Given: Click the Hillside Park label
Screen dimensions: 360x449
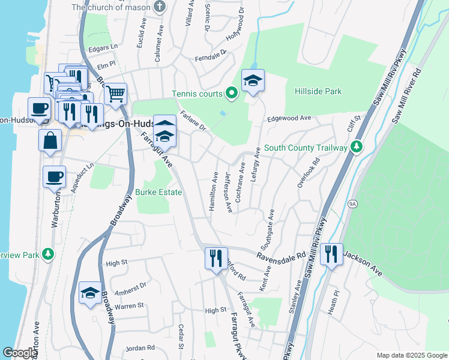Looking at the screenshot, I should point(318,91).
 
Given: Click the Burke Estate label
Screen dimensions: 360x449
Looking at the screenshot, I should point(158,192).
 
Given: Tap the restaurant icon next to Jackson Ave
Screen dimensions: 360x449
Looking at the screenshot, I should point(331,254).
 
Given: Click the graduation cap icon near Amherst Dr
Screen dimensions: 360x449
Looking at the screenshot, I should point(90,292).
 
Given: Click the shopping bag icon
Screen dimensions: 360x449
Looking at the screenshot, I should point(50,140).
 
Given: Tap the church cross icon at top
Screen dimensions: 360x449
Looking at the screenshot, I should point(160,7).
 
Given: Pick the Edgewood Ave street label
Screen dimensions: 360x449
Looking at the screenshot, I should point(290,119).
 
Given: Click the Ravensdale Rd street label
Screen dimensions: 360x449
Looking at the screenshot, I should point(281,256).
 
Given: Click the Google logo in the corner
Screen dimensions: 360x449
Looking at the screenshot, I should point(20,353).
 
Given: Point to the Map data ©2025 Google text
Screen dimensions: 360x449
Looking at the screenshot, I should point(411,355).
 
